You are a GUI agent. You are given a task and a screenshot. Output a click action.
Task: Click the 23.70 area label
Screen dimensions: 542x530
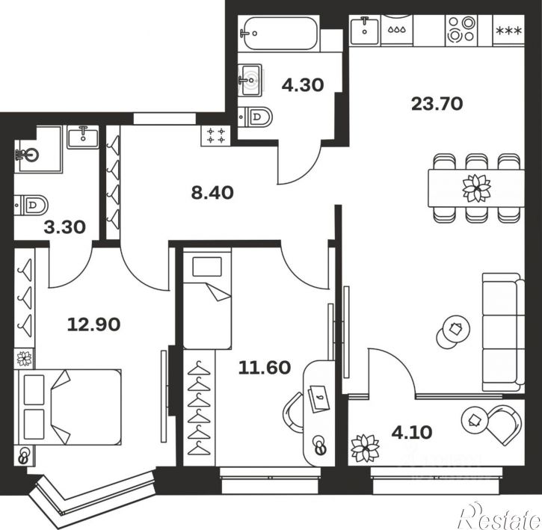point(437,104)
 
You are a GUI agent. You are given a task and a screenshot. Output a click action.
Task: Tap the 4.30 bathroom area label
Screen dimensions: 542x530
point(303,84)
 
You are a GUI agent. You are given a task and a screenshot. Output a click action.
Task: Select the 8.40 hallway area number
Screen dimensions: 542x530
point(212,193)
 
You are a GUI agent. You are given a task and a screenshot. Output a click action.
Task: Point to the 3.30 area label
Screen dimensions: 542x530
point(65,227)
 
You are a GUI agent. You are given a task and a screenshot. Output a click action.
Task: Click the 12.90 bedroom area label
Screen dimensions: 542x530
point(93,324)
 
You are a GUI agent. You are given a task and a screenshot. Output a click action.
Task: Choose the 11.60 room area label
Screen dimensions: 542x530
point(265,368)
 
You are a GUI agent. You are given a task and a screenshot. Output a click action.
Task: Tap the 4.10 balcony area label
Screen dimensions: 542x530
point(412,432)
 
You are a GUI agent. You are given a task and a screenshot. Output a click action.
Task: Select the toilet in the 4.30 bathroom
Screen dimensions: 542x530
point(256,117)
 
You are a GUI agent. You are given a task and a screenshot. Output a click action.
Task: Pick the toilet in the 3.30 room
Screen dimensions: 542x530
point(31,205)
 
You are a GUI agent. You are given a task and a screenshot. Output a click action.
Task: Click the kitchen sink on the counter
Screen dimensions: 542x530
point(364,31)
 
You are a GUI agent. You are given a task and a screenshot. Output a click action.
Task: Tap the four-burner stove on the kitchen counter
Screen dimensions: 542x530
point(461,30)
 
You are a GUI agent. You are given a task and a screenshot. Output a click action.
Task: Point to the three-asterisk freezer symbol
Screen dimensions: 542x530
point(509,31)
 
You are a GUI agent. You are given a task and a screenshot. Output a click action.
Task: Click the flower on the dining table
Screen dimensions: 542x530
point(477,188)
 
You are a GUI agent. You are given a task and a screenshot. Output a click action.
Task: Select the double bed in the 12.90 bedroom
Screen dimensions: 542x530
point(68,407)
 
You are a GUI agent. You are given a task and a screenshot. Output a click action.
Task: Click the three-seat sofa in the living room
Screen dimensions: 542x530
point(503,332)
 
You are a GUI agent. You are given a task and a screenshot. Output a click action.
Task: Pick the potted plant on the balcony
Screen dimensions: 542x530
point(365,448)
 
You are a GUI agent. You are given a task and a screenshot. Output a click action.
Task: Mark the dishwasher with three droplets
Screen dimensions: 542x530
point(397,31)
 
